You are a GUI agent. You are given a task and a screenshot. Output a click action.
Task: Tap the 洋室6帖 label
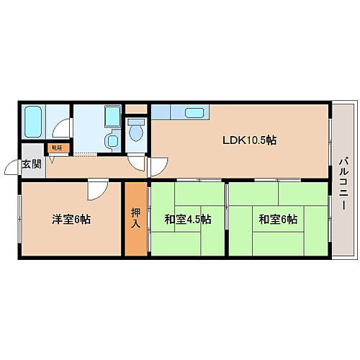tap(65, 219)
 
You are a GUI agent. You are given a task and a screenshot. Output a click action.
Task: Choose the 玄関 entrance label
tap(31, 164)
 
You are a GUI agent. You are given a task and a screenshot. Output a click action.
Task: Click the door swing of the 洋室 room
tap(96, 191)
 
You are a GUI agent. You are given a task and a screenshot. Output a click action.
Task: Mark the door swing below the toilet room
tap(135, 161)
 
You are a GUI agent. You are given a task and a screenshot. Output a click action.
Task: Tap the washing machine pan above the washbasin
tap(111, 117)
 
